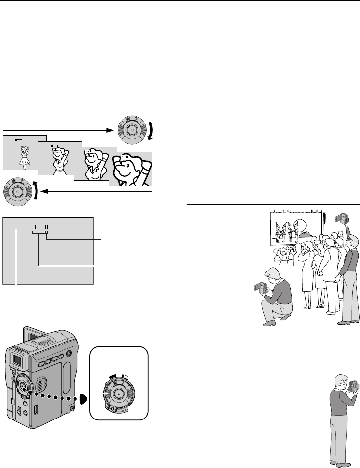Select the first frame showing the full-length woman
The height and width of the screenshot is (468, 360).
pyautogui.click(x=25, y=152)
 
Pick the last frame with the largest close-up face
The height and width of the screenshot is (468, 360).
pyautogui.click(x=130, y=169)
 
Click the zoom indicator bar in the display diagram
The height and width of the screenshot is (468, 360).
pyautogui.click(x=40, y=228)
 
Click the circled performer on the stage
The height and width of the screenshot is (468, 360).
pyautogui.click(x=300, y=229)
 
